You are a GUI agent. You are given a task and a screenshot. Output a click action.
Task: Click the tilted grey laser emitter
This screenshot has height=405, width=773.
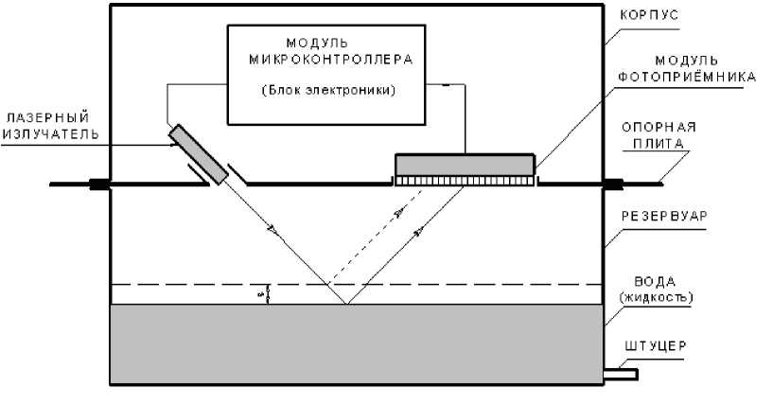[199, 153]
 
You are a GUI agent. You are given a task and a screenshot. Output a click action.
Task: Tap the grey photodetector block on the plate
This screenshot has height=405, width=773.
[464, 165]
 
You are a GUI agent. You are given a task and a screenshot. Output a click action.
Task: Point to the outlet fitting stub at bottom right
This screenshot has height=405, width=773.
[621, 374]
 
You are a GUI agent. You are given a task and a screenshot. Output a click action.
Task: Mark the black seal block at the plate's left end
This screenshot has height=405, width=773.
[98, 184]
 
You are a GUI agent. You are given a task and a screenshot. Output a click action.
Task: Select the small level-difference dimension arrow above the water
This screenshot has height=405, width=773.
[269, 294]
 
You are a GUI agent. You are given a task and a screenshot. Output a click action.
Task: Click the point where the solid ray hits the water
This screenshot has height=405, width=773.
[345, 304]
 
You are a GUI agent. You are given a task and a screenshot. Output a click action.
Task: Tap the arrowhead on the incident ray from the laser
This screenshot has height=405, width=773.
[272, 228]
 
